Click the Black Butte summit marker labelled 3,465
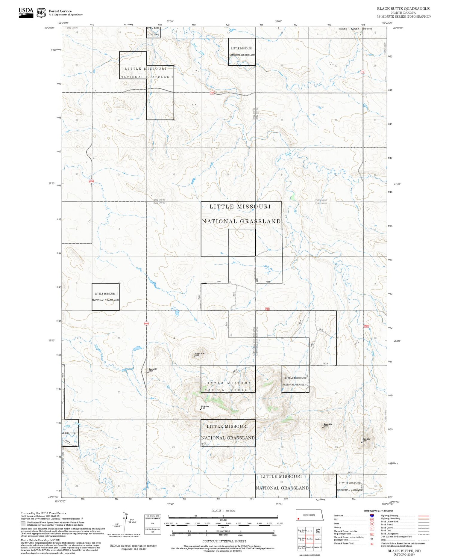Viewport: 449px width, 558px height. pos(201,409)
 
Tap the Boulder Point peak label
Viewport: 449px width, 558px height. pos(199,354)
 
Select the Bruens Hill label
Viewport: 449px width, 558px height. pos(153,369)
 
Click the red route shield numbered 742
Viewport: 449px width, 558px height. pos(363,72)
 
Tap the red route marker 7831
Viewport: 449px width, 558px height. pos(212,93)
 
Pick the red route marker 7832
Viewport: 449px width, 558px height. pos(267,309)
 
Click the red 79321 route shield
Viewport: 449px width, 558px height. pos(366,326)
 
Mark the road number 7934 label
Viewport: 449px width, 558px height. pos(234,295)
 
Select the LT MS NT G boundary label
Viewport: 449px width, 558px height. pos(69,433)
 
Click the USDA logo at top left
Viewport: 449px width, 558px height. pos(26,13)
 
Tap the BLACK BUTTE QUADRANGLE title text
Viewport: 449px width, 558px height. pos(403,9)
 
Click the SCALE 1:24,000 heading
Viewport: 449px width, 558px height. pos(223,511)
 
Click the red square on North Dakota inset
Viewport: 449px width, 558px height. pos(298,519)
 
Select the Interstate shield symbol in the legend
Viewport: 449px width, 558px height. pos(372,515)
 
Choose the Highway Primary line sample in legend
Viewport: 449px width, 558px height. pos(423,516)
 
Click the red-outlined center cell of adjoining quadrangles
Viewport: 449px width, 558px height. pos(310,539)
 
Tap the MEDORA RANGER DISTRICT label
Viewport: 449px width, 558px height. pos(355,29)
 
